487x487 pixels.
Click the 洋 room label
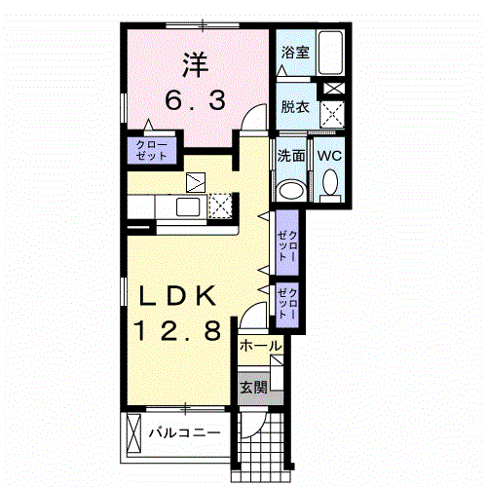tap(190, 65)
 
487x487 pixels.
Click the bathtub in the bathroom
tap(332, 55)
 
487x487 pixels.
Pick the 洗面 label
tap(291, 156)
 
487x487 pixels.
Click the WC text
tap(327, 156)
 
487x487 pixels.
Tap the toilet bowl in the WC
tap(330, 183)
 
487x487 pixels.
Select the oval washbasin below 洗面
tap(290, 188)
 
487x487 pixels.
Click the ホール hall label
tap(260, 346)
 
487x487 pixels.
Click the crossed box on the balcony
tap(133, 432)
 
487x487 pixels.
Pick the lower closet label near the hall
tap(288, 302)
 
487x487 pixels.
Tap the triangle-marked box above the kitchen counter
tap(195, 180)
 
